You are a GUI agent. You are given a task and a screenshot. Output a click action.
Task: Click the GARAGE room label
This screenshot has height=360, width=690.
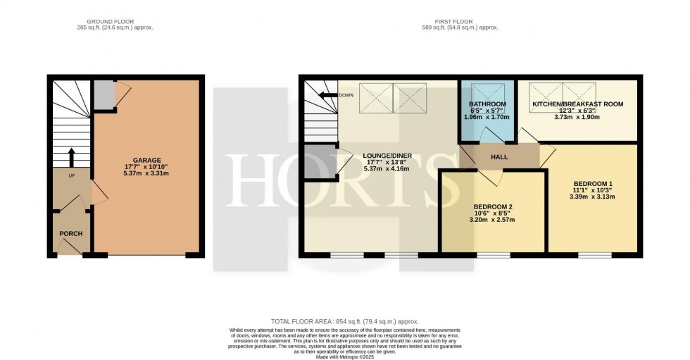(147, 160)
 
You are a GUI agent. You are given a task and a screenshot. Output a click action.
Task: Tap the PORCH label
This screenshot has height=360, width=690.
(71, 234)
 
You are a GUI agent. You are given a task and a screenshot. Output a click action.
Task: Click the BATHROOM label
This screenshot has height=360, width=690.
(487, 104)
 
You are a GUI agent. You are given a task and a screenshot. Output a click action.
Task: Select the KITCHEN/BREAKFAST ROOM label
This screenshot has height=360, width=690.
(577, 104)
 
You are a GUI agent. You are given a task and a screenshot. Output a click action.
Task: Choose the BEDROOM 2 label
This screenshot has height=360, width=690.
(494, 206)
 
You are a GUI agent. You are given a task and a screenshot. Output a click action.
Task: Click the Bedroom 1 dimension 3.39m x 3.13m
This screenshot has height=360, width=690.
(591, 197)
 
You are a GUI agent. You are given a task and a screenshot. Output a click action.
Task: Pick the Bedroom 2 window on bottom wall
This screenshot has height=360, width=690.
(493, 254)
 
